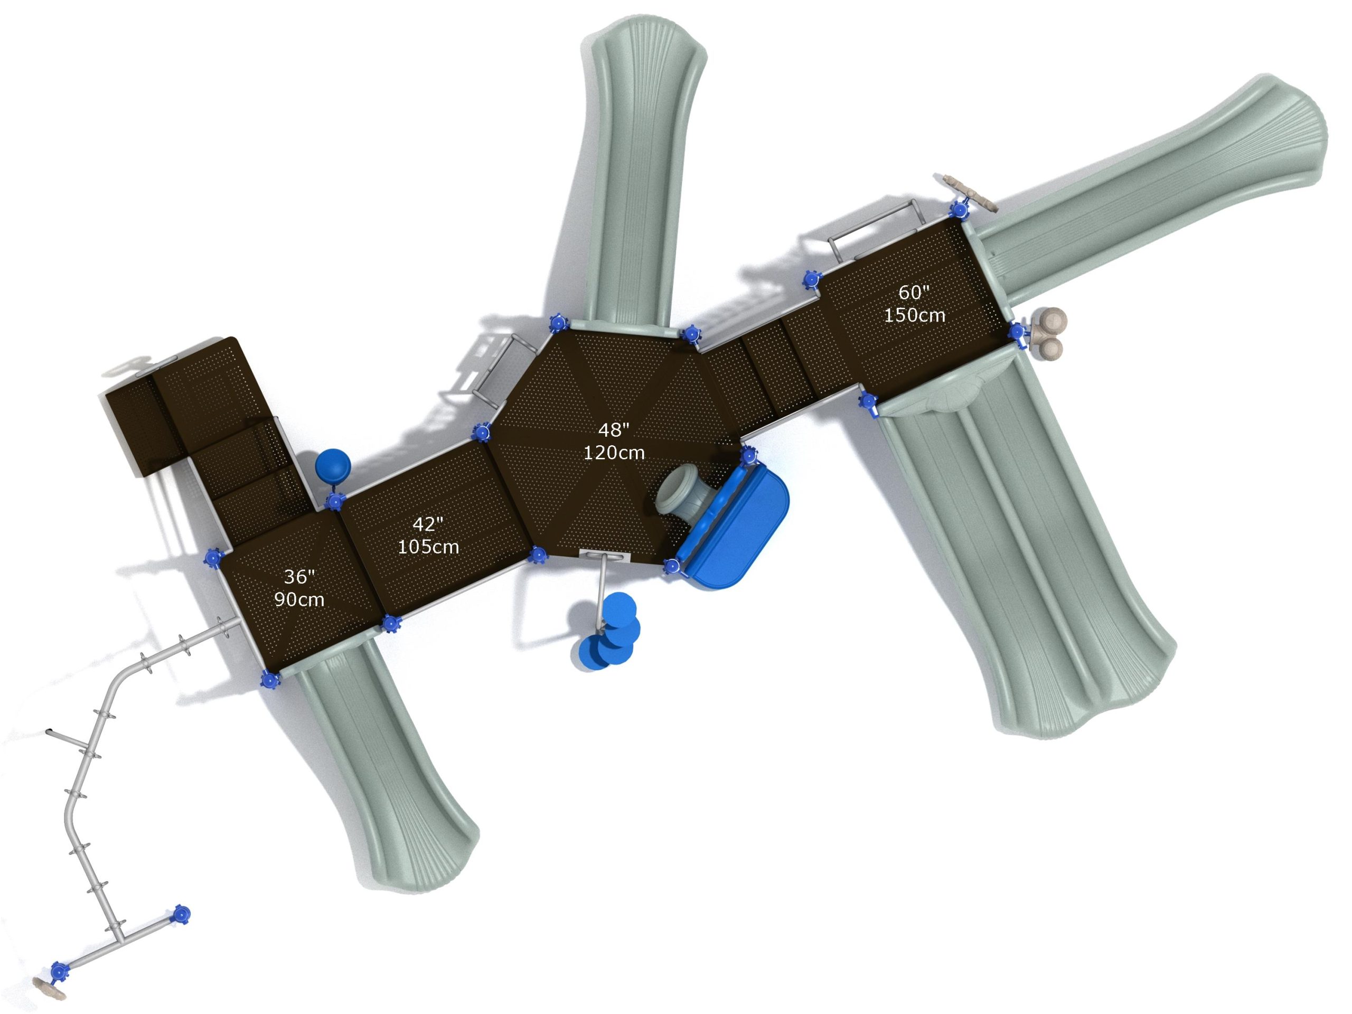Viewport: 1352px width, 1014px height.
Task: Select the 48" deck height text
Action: coord(614,430)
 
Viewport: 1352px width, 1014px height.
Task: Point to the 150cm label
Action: coord(914,315)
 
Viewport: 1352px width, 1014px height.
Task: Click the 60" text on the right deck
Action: coord(914,292)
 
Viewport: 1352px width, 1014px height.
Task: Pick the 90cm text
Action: coord(299,599)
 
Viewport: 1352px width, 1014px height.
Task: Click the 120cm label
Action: coord(614,452)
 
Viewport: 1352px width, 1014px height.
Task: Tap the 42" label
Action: coord(428,523)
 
